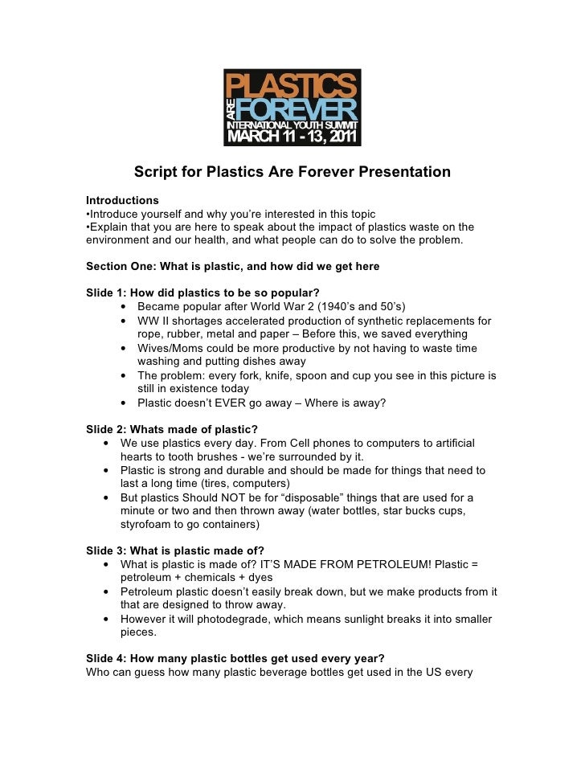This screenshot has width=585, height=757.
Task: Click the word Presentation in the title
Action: click(404, 173)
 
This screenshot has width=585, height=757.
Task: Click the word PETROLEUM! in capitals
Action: click(426, 564)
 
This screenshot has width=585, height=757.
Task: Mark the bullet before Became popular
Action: click(125, 307)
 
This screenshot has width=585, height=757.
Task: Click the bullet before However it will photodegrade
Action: click(108, 619)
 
